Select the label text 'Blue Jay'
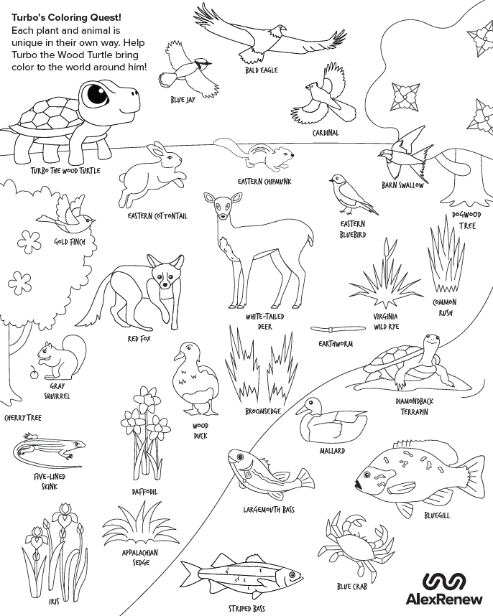(183, 100)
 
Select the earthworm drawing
(335, 329)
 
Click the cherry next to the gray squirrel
(32, 374)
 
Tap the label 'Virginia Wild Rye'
(385, 321)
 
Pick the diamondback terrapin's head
(431, 342)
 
